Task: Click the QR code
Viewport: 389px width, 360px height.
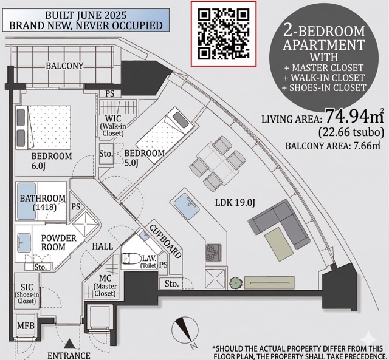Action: click(224, 33)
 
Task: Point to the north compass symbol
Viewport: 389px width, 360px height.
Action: click(185, 332)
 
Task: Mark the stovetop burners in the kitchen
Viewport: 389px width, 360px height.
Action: click(213, 251)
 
